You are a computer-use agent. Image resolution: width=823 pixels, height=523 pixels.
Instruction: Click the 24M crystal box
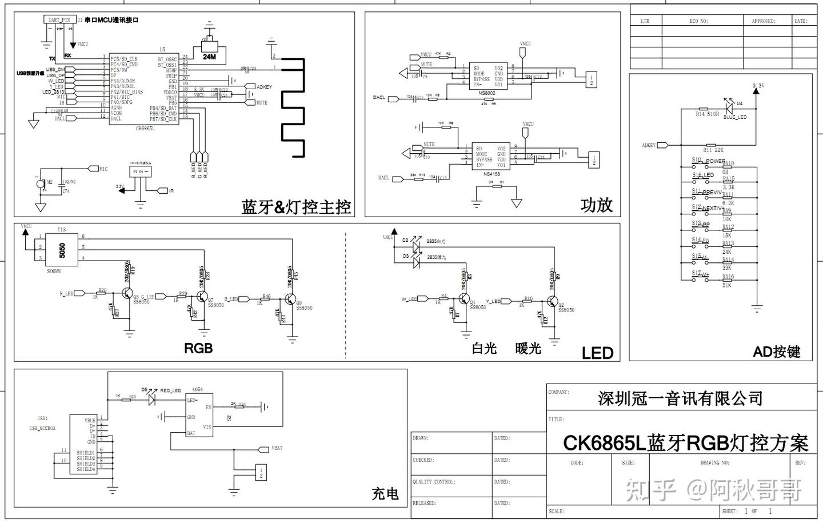(209, 56)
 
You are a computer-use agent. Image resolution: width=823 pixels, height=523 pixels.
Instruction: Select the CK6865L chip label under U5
(145, 129)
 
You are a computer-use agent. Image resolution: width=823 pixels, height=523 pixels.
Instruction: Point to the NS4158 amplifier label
(491, 174)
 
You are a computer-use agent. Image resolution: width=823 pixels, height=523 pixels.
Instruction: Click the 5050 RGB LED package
(62, 250)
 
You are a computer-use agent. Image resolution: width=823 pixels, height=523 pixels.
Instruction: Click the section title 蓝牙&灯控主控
(296, 207)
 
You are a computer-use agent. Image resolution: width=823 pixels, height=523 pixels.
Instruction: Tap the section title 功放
(596, 205)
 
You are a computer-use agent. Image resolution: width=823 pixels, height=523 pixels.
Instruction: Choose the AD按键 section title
(776, 352)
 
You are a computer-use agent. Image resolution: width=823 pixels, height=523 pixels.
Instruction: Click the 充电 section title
(385, 493)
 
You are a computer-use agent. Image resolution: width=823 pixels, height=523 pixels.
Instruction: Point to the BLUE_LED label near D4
(734, 117)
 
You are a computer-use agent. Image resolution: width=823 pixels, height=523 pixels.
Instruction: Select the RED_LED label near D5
(170, 390)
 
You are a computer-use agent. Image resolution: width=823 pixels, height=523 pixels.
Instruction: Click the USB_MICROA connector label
(42, 428)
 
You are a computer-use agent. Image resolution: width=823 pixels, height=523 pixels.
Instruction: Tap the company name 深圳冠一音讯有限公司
(680, 398)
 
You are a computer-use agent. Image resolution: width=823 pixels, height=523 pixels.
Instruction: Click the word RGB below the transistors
(198, 348)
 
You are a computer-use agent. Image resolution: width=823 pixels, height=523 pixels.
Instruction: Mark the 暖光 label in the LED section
(528, 348)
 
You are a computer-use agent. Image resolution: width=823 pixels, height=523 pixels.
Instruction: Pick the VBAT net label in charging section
(277, 448)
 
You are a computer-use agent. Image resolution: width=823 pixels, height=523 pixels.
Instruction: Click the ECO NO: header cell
(698, 21)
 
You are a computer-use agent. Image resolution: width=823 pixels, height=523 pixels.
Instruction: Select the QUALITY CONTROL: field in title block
(434, 482)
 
